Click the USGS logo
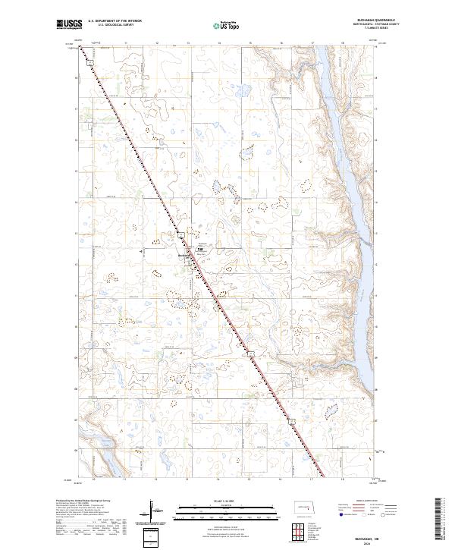70,25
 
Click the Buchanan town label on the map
184,255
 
